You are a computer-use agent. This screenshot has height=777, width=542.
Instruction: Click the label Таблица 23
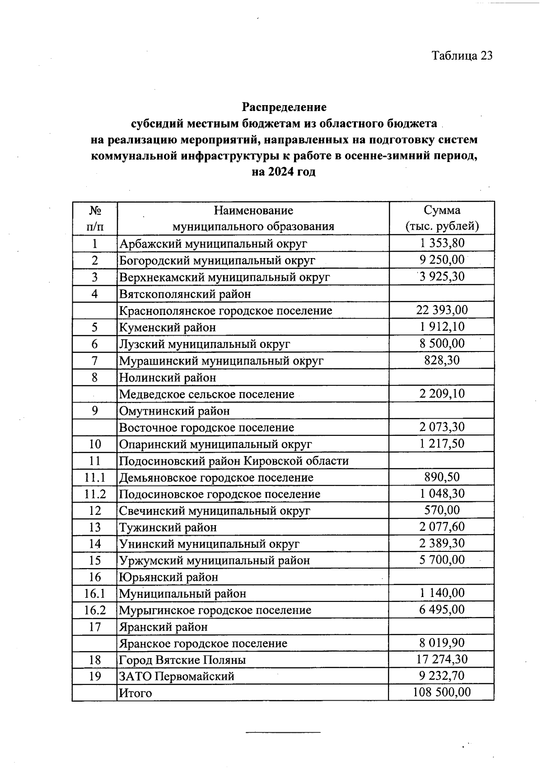[x=462, y=55]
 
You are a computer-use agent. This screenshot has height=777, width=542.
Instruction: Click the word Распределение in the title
[x=284, y=107]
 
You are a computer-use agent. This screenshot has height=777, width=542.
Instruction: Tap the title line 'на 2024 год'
[x=283, y=172]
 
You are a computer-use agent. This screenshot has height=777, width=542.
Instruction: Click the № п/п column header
[x=94, y=218]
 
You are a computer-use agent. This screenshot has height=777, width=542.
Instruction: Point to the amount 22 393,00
[x=442, y=310]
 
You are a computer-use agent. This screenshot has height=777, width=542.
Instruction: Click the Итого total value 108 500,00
[x=442, y=692]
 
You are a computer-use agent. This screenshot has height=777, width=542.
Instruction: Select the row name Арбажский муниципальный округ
[x=213, y=244]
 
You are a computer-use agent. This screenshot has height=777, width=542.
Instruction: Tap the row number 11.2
[x=94, y=494]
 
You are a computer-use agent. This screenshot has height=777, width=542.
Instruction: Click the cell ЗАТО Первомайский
[x=177, y=676]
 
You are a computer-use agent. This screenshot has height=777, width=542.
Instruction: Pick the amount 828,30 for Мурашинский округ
[x=442, y=360]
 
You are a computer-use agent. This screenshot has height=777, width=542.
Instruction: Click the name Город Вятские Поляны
[x=182, y=660]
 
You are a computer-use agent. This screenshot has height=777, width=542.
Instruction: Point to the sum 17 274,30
[x=442, y=659]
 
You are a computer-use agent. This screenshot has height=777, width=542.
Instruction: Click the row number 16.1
[x=94, y=593]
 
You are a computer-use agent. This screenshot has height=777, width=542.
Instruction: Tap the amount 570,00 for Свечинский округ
[x=442, y=510]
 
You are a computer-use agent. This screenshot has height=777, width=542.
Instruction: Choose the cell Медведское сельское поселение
[x=206, y=394]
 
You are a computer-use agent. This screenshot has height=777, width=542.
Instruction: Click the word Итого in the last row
[x=135, y=693]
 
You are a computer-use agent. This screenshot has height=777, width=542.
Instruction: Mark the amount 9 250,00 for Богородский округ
[x=442, y=260]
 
